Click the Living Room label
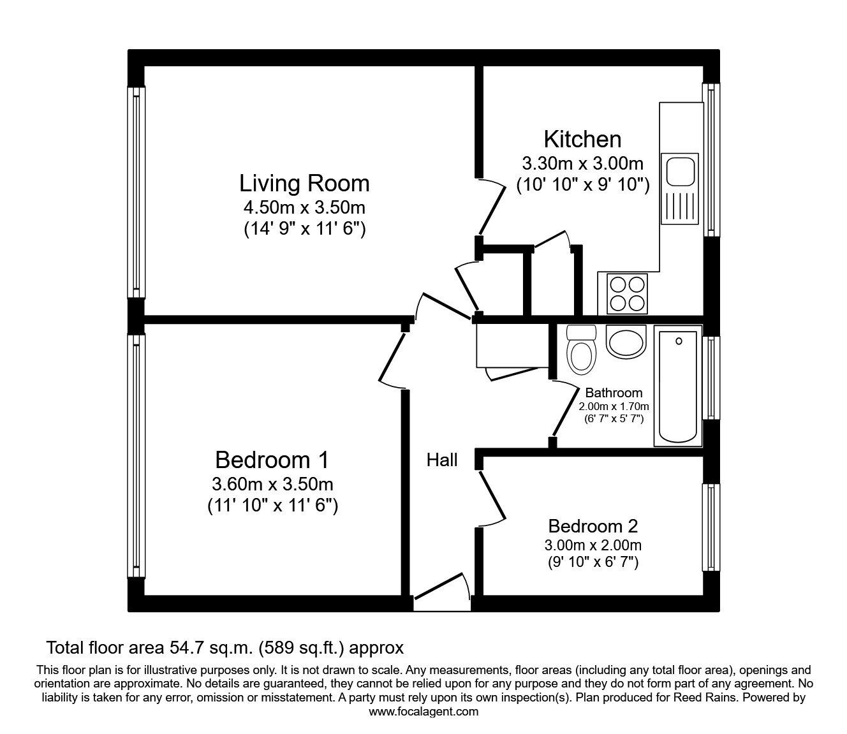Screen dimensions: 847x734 pyautogui.click(x=304, y=184)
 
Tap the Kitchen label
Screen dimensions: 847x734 pyautogui.click(x=582, y=140)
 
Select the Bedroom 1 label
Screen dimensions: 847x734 pyautogui.click(x=272, y=460)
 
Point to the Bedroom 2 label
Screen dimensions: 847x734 pyautogui.click(x=593, y=526)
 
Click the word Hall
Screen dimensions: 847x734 pyautogui.click(x=442, y=460)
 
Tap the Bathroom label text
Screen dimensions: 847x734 pyautogui.click(x=614, y=393)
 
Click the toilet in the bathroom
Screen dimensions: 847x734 pyautogui.click(x=580, y=349)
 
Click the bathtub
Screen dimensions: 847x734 pyautogui.click(x=678, y=386)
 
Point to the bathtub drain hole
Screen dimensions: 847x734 pyautogui.click(x=679, y=341)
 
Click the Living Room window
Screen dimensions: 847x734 pyautogui.click(x=136, y=192)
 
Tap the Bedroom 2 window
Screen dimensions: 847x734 pyautogui.click(x=711, y=527)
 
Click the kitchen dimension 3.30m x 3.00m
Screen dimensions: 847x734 pyautogui.click(x=582, y=163)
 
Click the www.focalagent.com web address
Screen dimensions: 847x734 pyautogui.click(x=424, y=712)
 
